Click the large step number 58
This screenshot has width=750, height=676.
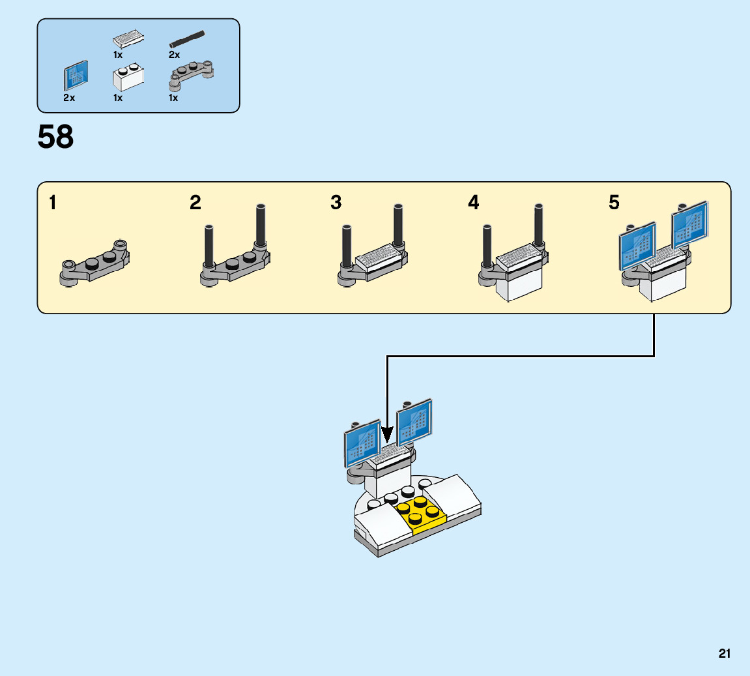click(x=55, y=138)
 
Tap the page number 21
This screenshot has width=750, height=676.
click(x=725, y=653)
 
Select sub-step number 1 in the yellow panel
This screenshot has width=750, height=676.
click(x=52, y=203)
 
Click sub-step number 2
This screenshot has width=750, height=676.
click(x=195, y=203)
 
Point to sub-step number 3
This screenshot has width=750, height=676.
click(x=336, y=203)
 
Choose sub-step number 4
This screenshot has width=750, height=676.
click(x=474, y=203)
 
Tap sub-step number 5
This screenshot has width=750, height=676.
click(x=614, y=203)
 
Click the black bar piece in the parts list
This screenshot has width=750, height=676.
click(x=187, y=37)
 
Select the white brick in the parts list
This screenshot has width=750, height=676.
click(x=128, y=78)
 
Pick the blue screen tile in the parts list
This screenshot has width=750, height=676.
click(x=75, y=76)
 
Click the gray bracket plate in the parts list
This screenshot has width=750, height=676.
click(x=192, y=73)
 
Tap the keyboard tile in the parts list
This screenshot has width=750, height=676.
click(x=128, y=36)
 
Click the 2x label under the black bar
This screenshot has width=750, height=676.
click(x=174, y=55)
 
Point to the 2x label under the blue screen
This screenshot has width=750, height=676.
click(x=69, y=98)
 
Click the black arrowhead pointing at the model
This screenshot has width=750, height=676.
click(x=387, y=435)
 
